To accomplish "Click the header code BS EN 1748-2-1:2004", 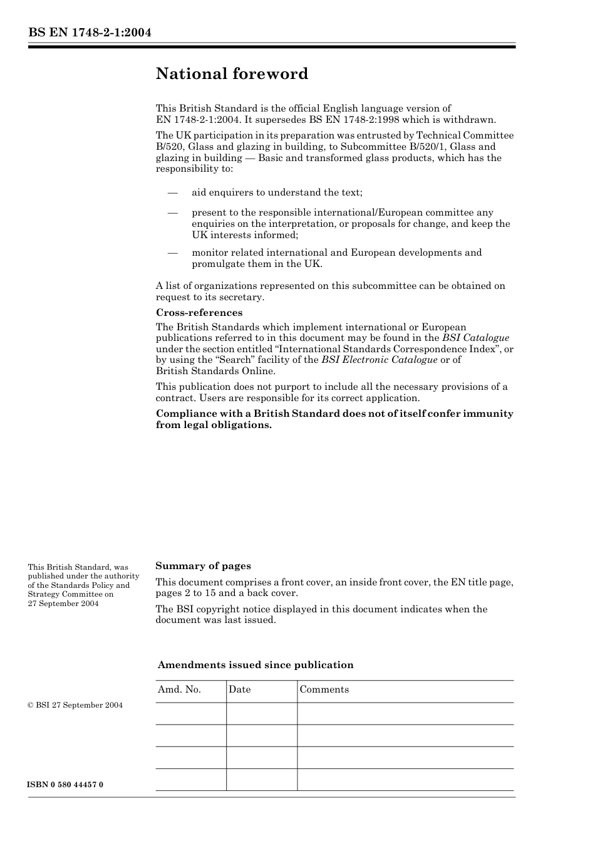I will click(x=90, y=33).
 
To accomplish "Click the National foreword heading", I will click(x=232, y=74).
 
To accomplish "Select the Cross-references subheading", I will click(x=199, y=313).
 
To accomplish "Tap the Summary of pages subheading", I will click(x=203, y=566).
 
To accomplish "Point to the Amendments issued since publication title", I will click(x=255, y=665).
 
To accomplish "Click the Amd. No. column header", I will click(x=179, y=689).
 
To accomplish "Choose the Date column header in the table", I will click(x=239, y=689).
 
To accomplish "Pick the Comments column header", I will click(x=324, y=689).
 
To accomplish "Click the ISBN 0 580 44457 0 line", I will click(x=66, y=785).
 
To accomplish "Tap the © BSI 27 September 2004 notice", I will click(x=75, y=705).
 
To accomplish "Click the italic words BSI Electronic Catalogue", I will click(x=379, y=360).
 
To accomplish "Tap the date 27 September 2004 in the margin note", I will click(x=63, y=604).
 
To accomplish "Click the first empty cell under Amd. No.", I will click(x=190, y=714).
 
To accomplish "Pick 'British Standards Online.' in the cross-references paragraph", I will click(x=215, y=371).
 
